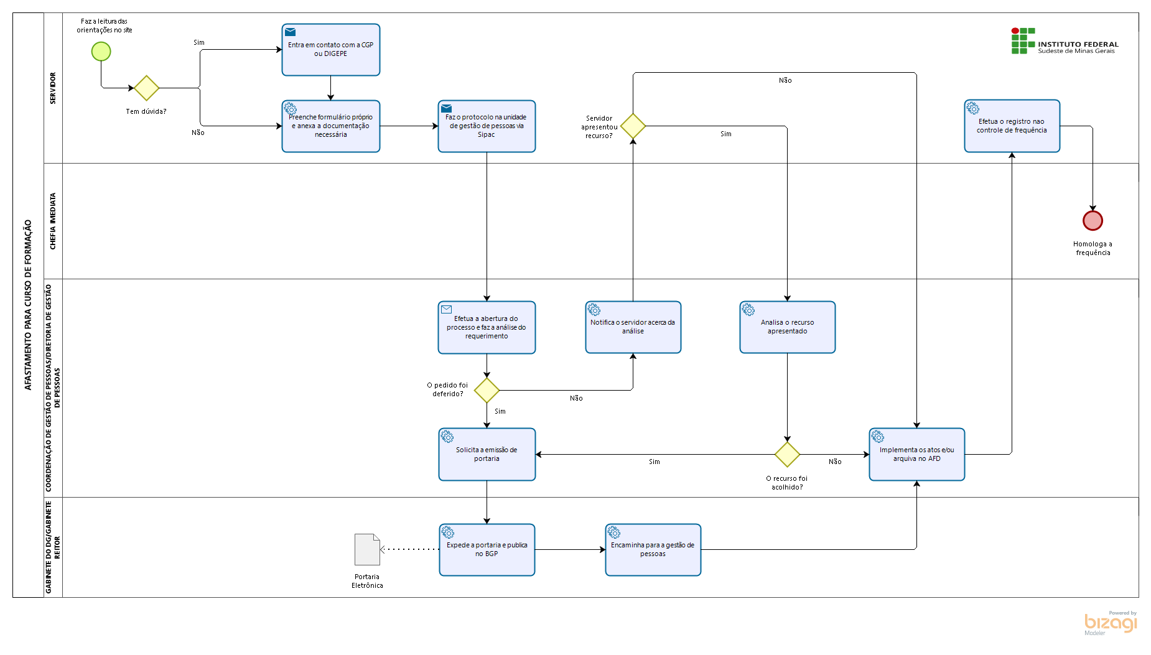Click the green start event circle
101,51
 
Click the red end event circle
1093,220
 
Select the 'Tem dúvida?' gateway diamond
146,88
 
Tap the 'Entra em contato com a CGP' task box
330,50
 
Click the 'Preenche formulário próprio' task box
330,126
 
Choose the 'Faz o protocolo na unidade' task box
487,126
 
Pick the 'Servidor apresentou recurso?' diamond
633,126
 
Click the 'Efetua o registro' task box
1012,126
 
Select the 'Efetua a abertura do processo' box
487,327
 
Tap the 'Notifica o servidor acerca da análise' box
633,327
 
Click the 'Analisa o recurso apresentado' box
787,327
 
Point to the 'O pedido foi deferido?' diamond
487,390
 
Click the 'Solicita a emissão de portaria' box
487,454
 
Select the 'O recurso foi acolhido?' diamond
787,454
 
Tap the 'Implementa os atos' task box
916,454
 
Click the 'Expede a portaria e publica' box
487,550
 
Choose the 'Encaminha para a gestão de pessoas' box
653,550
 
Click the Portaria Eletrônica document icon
367,549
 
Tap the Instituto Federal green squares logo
1023,40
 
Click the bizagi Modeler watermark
1111,623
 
